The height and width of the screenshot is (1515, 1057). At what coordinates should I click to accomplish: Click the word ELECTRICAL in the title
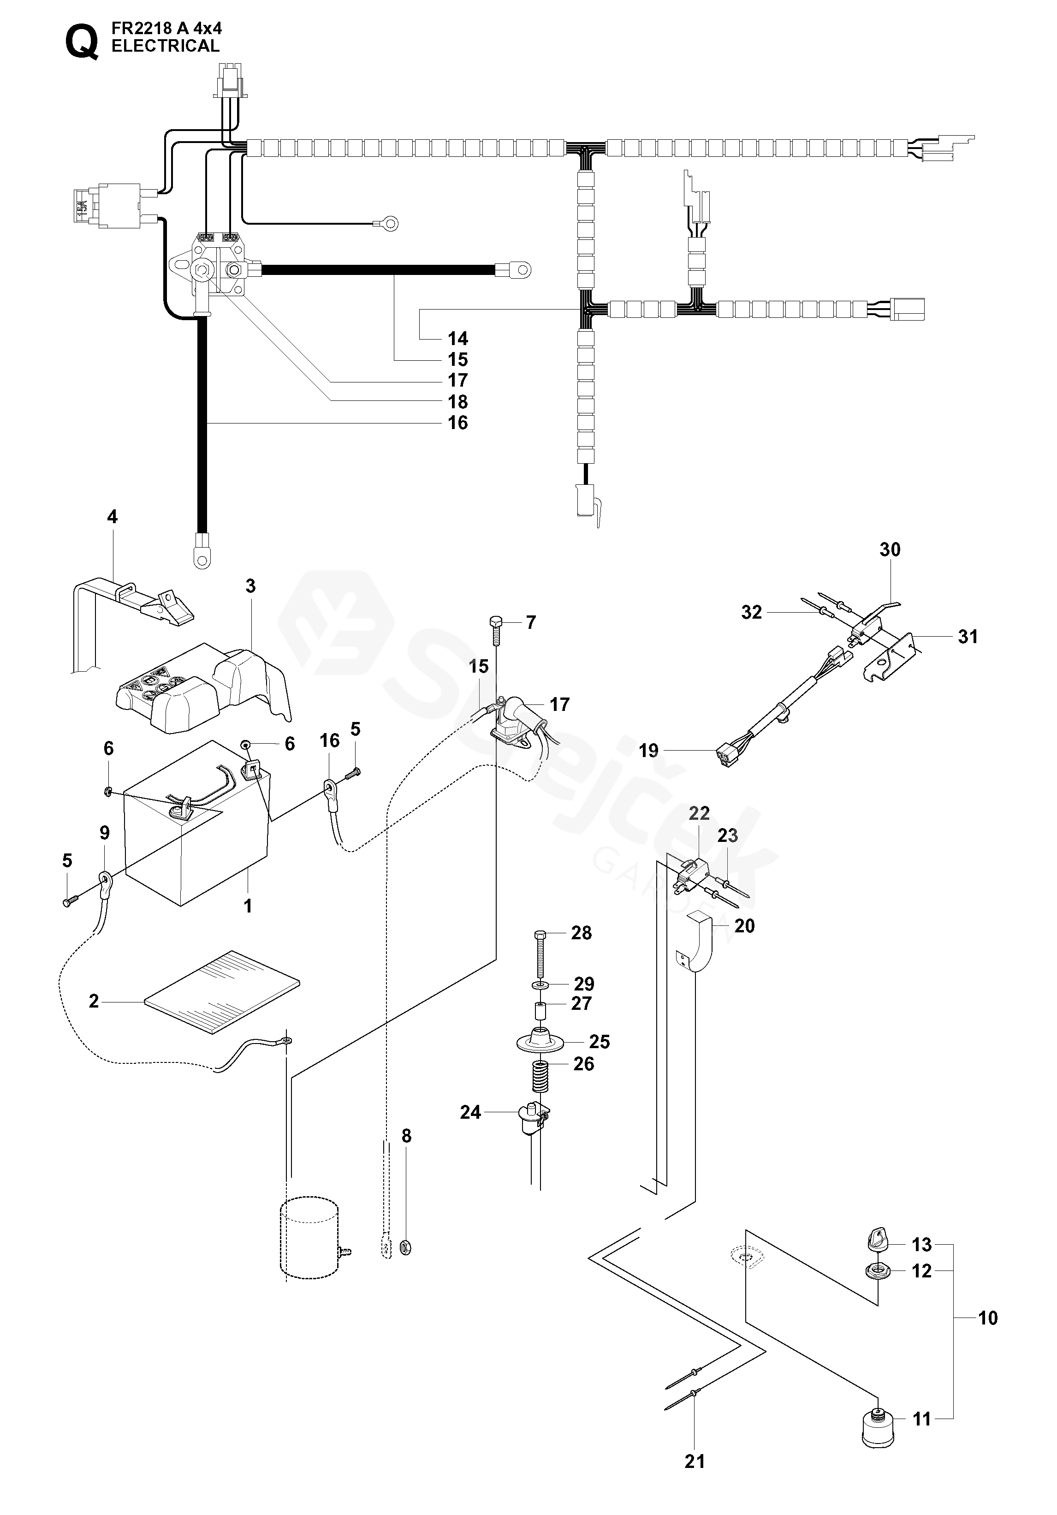(x=165, y=46)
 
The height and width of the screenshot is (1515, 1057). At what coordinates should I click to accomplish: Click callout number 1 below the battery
(x=248, y=907)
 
